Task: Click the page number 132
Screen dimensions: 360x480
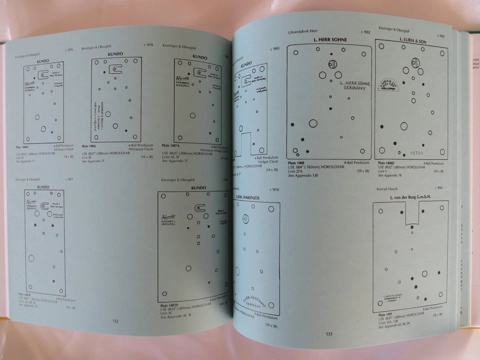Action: (x=115, y=321)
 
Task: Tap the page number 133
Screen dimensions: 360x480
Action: (x=328, y=334)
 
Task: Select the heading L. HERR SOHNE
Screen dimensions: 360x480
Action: (x=329, y=39)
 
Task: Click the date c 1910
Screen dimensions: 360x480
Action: (x=274, y=190)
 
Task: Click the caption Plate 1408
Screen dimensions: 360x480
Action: (x=295, y=163)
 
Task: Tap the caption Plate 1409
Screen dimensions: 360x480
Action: (x=386, y=314)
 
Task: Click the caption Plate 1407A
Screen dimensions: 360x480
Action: (x=171, y=145)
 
